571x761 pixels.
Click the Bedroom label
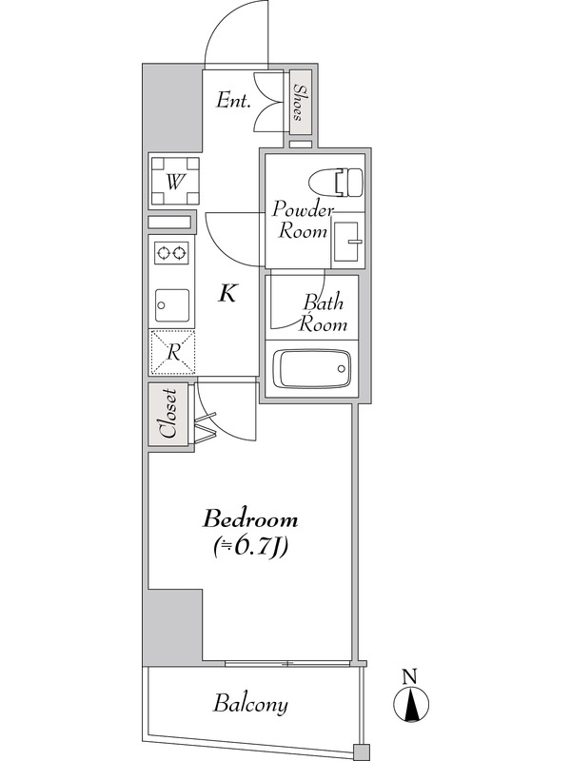tap(250, 519)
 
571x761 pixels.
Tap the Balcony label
tap(250, 703)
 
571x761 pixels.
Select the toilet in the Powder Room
tap(336, 182)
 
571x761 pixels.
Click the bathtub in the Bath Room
tap(312, 368)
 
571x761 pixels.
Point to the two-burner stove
tap(172, 253)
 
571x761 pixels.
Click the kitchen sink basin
tap(172, 305)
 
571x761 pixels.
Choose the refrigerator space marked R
tap(172, 352)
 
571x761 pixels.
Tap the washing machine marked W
tap(175, 182)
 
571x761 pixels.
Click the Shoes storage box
tap(300, 103)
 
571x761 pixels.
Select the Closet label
tap(168, 413)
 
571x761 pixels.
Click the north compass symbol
tap(411, 703)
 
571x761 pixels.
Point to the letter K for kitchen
tap(226, 293)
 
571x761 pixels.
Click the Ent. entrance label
tap(233, 101)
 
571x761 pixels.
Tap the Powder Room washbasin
tap(347, 240)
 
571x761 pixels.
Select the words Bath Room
tap(323, 313)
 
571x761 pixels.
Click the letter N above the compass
tap(411, 676)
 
